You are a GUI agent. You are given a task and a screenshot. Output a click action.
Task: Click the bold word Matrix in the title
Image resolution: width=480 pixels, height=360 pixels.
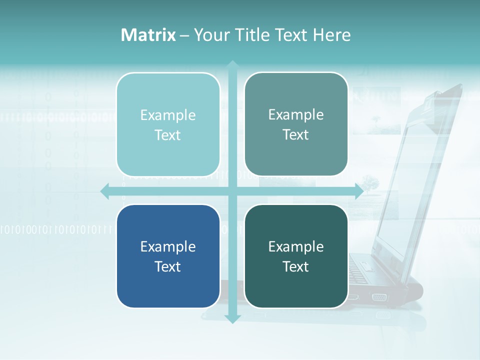(x=148, y=35)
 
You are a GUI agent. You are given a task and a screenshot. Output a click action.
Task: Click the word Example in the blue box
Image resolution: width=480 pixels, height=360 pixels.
(x=168, y=246)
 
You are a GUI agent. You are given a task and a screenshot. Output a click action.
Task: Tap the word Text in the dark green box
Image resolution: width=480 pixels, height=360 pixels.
(x=296, y=266)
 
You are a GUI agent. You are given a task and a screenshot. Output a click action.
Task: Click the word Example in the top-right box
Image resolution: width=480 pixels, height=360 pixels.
(x=296, y=114)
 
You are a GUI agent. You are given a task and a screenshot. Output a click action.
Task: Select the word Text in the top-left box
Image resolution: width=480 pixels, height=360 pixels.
(x=168, y=135)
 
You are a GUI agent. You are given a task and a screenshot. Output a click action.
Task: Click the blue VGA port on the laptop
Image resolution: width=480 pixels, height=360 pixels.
(x=378, y=297)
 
